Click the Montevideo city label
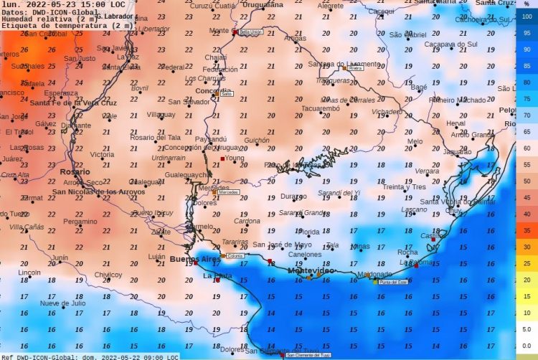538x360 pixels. tap(311, 270)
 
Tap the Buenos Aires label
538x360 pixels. tap(195, 258)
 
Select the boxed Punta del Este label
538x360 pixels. tap(392, 283)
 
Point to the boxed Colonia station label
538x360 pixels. tap(234, 256)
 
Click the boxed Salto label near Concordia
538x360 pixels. tap(227, 94)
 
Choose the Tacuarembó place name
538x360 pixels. tap(320, 108)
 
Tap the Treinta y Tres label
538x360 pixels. tap(404, 186)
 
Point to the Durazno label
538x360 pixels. tap(293, 196)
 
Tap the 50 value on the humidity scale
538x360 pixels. tap(527, 181)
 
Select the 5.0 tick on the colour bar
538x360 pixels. tap(527, 329)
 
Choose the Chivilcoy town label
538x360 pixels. tap(108, 275)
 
